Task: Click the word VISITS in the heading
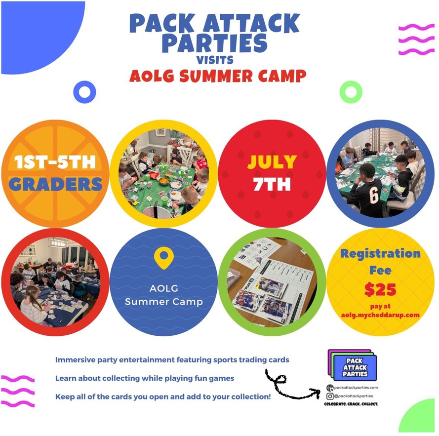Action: tap(215, 60)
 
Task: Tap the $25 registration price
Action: tap(380, 289)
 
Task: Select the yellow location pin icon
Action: tap(164, 258)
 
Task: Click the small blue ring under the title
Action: tap(84, 92)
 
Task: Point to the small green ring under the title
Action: tap(351, 92)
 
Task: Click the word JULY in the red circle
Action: tap(272, 162)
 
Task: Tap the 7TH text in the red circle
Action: tap(272, 184)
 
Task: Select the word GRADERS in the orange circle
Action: tap(55, 184)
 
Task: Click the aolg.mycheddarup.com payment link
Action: tap(380, 315)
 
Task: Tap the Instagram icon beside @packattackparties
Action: tap(330, 396)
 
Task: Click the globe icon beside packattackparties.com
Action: tap(330, 388)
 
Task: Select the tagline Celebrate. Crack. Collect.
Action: tap(351, 404)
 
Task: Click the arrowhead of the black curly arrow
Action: tap(317, 393)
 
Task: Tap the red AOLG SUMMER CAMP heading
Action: tap(218, 76)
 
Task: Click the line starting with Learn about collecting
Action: tap(145, 378)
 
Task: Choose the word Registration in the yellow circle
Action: tap(380, 253)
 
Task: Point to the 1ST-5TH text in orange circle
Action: tap(55, 162)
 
